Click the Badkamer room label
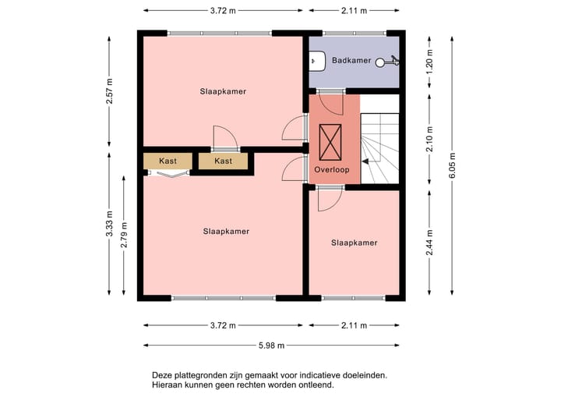351,60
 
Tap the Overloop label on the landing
332,169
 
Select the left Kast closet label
168,161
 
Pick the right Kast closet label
224,161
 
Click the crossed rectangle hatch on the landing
330,142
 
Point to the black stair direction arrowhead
365,161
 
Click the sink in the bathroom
317,61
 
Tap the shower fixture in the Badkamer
387,62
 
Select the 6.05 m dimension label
453,165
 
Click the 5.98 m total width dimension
272,346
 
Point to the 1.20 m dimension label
429,62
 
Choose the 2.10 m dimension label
429,140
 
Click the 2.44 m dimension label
429,243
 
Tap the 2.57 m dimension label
109,91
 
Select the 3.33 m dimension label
109,224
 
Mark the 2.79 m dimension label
124,235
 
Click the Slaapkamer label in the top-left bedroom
223,91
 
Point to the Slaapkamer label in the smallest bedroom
355,243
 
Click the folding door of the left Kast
168,174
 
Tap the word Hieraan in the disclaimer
166,385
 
